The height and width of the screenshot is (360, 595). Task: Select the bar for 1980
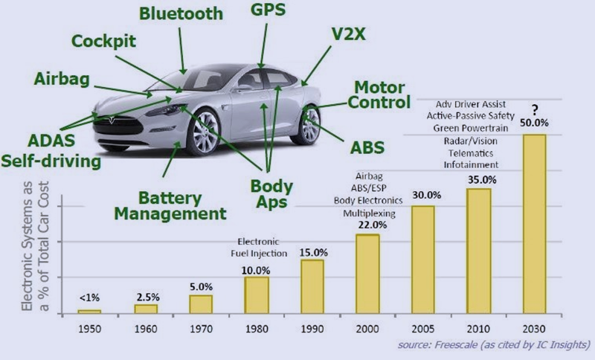(257, 295)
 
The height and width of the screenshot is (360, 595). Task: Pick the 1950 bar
(90, 311)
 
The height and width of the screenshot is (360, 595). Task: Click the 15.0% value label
(312, 252)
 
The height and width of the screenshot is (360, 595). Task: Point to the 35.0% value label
(478, 179)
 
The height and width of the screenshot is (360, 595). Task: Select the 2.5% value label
(146, 298)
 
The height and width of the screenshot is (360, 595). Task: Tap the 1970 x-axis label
(201, 327)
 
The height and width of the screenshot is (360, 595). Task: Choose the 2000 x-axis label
(367, 327)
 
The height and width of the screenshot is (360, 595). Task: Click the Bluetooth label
(181, 14)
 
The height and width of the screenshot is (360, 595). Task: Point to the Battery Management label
(181, 206)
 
